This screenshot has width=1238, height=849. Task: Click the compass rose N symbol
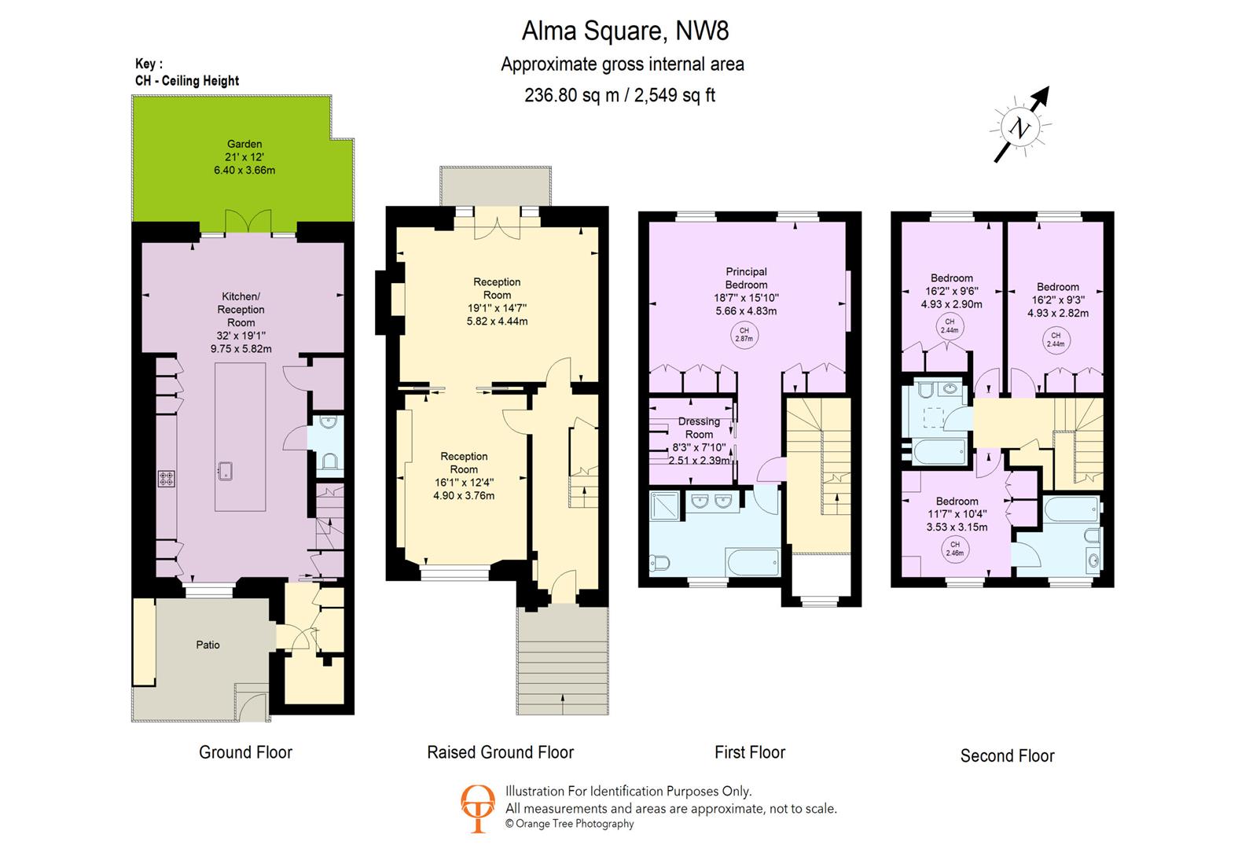coord(1020,128)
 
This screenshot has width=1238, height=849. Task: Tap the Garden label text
coord(244,144)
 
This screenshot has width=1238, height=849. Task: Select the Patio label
coord(208,645)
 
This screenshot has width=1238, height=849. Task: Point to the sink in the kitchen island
coord(225,471)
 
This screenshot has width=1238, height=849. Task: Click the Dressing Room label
coord(699,428)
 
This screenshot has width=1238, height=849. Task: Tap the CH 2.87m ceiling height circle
coord(744,335)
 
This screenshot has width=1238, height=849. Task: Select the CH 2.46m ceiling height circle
coord(955,549)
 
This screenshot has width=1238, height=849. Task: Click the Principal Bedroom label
coord(746,278)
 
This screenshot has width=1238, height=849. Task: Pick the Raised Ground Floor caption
coord(500,752)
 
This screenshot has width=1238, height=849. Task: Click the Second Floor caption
coord(1007,756)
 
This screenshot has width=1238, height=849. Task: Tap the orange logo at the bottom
coord(477,808)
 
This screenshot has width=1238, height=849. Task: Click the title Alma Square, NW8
coord(625,31)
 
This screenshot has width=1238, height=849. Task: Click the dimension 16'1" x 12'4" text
coord(464,483)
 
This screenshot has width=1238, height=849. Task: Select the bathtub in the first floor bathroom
coord(752,561)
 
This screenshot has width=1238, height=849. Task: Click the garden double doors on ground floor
coord(248,223)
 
